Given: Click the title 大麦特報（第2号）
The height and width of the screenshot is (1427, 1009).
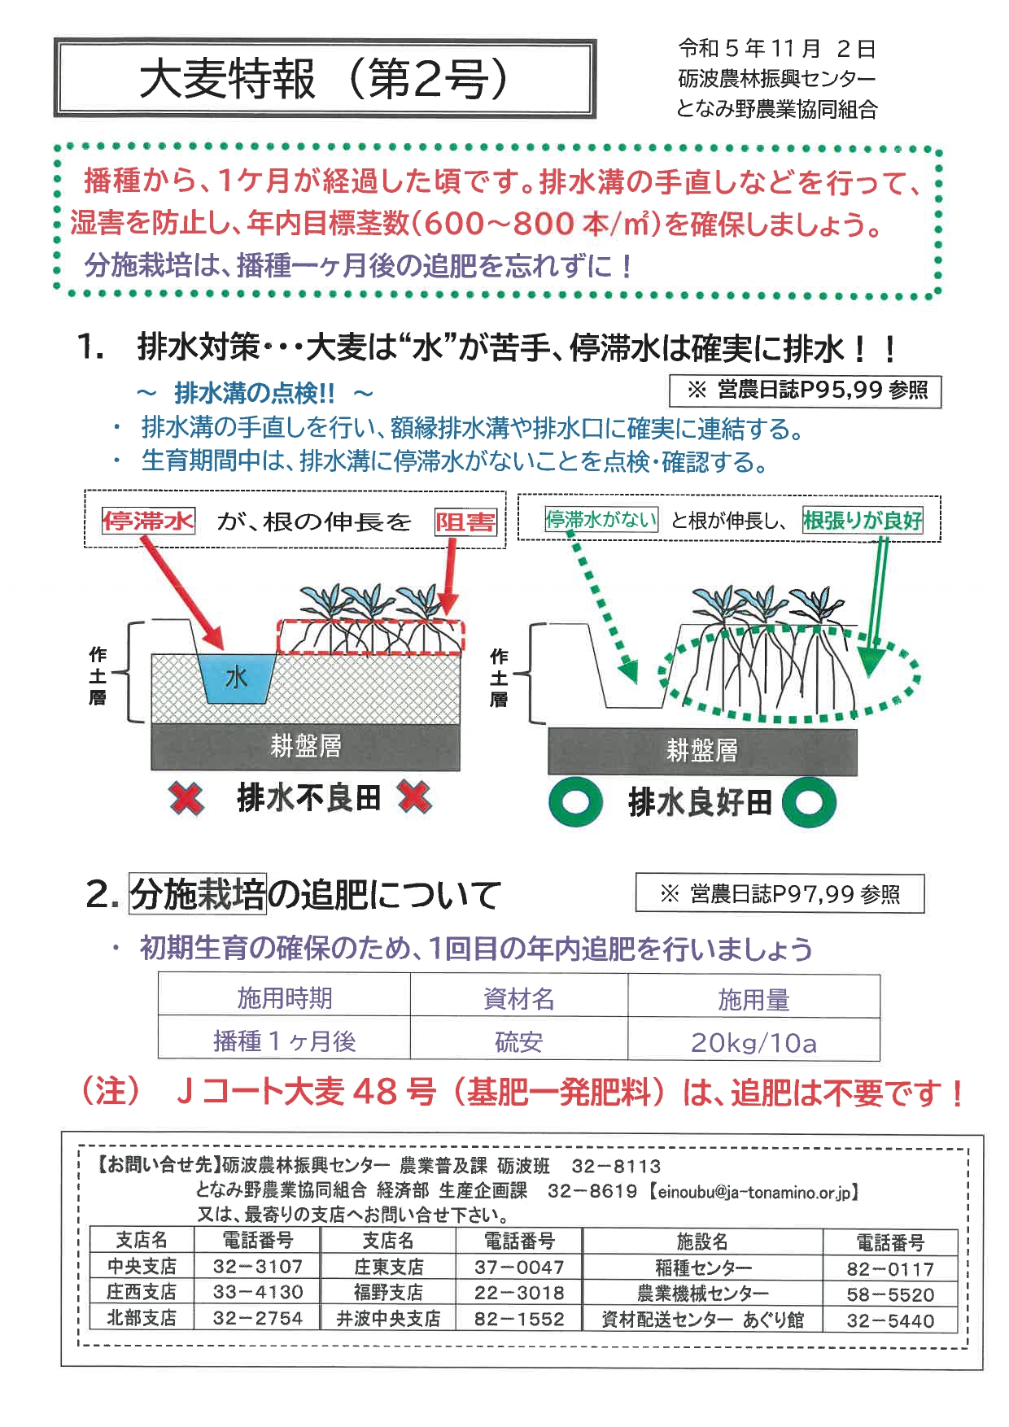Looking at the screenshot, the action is click(325, 79).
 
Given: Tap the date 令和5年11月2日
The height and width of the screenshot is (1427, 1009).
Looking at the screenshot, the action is click(776, 49).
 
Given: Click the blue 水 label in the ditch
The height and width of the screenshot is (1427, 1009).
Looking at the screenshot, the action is click(236, 677).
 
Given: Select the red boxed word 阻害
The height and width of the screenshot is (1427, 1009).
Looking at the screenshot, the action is click(465, 521).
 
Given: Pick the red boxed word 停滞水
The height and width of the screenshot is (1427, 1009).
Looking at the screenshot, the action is click(148, 520).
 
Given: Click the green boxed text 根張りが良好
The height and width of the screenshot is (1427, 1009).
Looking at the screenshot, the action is click(863, 520).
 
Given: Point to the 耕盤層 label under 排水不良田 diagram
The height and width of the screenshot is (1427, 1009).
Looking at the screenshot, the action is click(306, 746).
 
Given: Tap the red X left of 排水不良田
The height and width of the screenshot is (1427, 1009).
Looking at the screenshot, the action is click(186, 799).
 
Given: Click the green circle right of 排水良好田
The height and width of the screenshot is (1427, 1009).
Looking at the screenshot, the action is click(809, 803).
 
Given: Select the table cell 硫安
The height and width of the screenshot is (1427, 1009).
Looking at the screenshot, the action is click(518, 1042).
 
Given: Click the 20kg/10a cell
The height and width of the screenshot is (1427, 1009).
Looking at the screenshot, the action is click(753, 1042).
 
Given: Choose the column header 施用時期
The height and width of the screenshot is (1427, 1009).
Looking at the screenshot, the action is click(284, 997).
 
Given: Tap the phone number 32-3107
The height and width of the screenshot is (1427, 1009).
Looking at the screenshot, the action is click(257, 1267).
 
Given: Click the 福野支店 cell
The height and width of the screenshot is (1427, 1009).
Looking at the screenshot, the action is click(388, 1292).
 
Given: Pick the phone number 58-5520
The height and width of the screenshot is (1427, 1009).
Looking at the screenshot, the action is click(890, 1294).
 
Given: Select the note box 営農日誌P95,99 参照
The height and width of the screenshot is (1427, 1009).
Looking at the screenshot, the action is click(805, 391).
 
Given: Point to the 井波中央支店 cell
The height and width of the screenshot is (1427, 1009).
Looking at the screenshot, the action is click(388, 1318).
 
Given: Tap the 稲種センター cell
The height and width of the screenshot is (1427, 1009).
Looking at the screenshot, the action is click(703, 1268).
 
